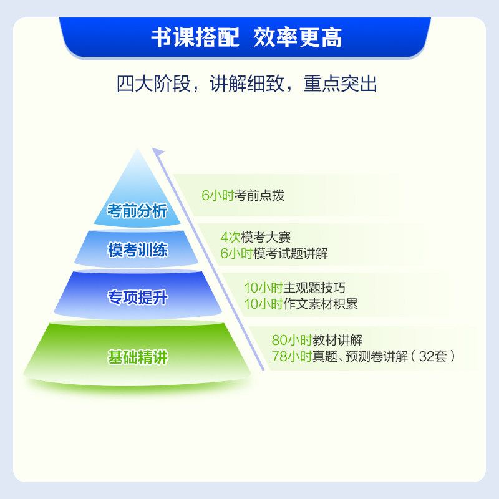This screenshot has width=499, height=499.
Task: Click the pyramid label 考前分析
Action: point(137,211)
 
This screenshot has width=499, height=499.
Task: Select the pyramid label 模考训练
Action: point(137,251)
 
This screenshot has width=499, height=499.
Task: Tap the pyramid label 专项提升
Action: point(137,298)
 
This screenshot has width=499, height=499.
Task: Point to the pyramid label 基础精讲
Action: point(137,358)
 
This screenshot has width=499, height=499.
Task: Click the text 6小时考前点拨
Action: point(243,195)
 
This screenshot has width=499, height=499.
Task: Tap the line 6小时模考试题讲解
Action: point(274,253)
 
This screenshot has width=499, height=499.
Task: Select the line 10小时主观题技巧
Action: point(294,288)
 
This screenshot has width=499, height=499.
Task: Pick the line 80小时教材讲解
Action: point(317,341)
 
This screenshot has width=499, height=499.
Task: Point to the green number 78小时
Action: point(291,357)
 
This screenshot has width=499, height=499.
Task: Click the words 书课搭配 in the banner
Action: point(195,37)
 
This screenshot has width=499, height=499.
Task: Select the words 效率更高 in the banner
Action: point(298,37)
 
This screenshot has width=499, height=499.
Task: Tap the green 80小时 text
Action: point(291,341)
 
